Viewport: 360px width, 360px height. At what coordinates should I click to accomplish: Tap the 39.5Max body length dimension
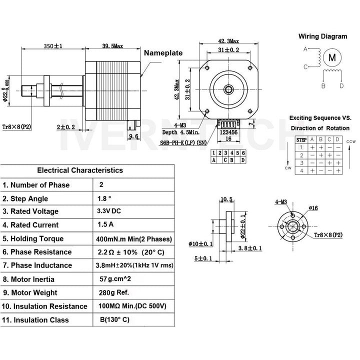point(112,45)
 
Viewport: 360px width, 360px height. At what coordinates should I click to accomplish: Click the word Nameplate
point(163,53)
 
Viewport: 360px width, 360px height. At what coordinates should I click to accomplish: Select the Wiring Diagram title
point(322,36)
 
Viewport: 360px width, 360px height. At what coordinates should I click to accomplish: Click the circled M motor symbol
point(332,57)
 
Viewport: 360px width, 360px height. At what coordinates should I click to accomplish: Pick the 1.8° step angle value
point(104,198)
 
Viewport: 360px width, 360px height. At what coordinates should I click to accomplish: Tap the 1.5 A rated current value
point(106,224)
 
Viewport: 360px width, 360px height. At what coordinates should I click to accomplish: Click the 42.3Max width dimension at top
point(228,41)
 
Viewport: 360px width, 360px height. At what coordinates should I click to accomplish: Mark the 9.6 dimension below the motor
point(133,136)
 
